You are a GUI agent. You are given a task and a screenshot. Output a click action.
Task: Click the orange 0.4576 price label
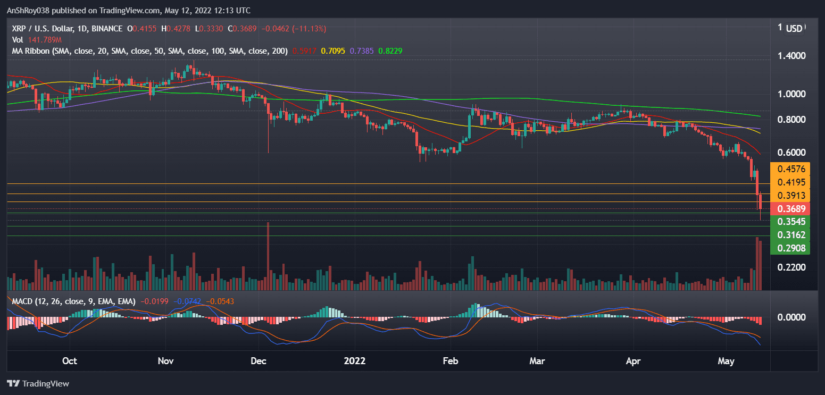point(790,169)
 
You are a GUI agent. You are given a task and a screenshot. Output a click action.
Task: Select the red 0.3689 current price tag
point(790,208)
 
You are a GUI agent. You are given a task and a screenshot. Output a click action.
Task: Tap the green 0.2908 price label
point(790,248)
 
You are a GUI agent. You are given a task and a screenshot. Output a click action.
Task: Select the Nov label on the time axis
point(165,362)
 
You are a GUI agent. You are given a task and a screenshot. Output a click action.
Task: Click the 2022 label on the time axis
point(355,362)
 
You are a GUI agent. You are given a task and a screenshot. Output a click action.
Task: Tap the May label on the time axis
point(726,362)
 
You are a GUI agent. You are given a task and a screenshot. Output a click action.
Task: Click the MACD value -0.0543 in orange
point(220,301)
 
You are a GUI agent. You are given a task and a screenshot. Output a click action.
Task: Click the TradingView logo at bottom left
point(38,383)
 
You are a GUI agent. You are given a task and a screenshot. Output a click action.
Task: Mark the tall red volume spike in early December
point(268,255)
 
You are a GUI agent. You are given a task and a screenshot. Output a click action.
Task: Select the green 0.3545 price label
point(790,221)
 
